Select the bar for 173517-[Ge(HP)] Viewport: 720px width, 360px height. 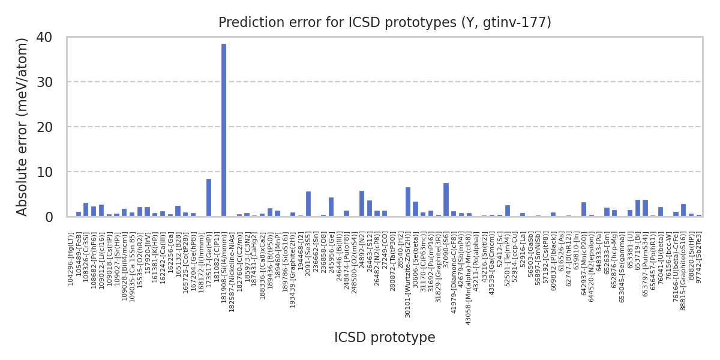pyautogui.click(x=208, y=197)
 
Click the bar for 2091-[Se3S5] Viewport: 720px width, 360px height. pyautogui.click(x=308, y=204)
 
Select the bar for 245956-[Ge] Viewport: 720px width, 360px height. pyautogui.click(x=331, y=207)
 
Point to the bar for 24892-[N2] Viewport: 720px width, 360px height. pyautogui.click(x=361, y=203)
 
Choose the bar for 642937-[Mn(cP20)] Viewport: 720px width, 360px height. pyautogui.click(x=583, y=209)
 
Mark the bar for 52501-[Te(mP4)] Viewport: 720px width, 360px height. pyautogui.click(x=507, y=211)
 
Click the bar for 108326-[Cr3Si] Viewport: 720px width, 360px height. pyautogui.click(x=86, y=209)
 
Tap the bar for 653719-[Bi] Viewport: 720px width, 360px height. pyautogui.click(x=637, y=208)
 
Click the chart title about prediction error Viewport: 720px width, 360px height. pyautogui.click(x=385, y=23)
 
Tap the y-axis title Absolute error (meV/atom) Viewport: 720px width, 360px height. pyautogui.click(x=22, y=127)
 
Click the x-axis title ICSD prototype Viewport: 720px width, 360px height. pyautogui.click(x=385, y=338)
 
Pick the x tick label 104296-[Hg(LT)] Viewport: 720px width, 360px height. pyautogui.click(x=71, y=259)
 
